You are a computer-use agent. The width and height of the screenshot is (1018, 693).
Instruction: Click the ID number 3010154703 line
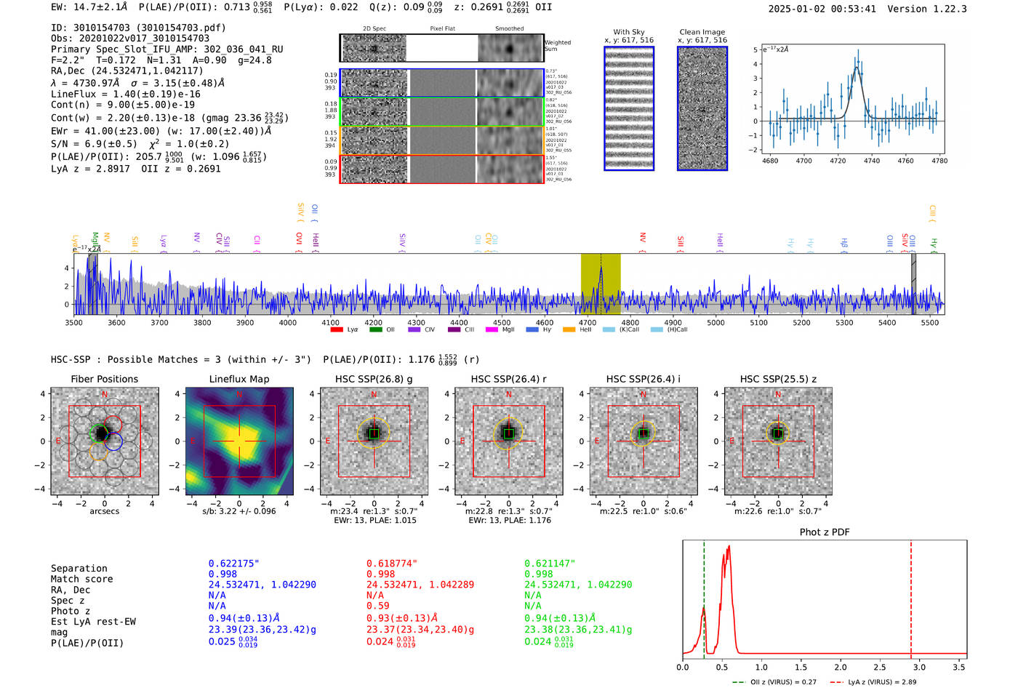pos(138,28)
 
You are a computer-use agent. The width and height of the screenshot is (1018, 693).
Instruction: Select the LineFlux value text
pos(125,94)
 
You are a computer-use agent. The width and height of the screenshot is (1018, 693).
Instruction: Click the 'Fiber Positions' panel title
pos(104,379)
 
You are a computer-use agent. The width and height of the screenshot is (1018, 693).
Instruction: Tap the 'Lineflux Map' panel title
pos(239,379)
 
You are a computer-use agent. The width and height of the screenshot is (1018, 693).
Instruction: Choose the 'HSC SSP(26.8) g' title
pos(374,379)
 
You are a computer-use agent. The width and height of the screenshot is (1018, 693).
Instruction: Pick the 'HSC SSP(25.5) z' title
pos(778,379)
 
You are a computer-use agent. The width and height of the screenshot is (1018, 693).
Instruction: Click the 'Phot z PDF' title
pos(825,532)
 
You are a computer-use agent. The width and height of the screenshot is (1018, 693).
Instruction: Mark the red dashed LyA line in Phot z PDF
pos(911,596)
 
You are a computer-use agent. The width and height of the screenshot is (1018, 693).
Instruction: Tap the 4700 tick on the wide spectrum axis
pos(588,323)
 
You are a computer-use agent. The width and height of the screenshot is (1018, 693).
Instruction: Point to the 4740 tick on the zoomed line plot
pos(872,161)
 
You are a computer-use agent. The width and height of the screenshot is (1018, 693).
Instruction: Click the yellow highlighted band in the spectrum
pos(601,284)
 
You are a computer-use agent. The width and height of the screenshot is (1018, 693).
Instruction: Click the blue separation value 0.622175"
pos(233,564)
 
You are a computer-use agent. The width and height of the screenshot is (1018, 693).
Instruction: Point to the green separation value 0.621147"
pos(550,564)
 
